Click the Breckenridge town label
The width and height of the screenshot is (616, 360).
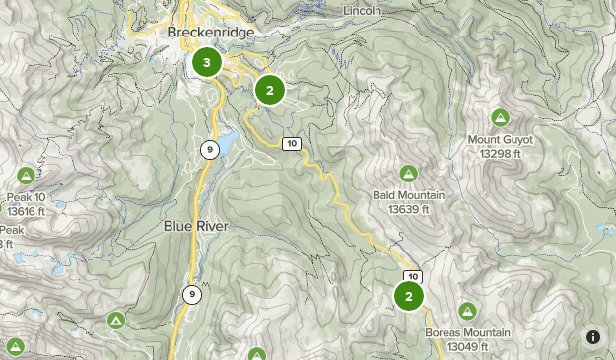click(211, 33)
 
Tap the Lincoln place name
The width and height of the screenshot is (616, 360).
click(363, 10)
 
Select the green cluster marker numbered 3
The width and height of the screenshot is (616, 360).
click(206, 63)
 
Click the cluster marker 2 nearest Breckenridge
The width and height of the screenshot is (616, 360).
click(269, 90)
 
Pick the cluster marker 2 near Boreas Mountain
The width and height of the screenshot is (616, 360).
click(409, 296)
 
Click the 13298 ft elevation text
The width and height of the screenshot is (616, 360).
click(500, 154)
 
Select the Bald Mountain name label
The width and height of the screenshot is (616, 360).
click(409, 195)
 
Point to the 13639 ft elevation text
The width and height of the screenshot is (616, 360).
click(409, 209)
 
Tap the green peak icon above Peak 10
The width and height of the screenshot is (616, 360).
click(26, 176)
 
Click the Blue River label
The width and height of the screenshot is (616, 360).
click(196, 226)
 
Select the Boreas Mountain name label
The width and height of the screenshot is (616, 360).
click(467, 332)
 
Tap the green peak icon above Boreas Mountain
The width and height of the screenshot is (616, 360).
click(467, 311)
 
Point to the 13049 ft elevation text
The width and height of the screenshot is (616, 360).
click(467, 346)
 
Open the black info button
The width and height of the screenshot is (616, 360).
click(593, 337)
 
